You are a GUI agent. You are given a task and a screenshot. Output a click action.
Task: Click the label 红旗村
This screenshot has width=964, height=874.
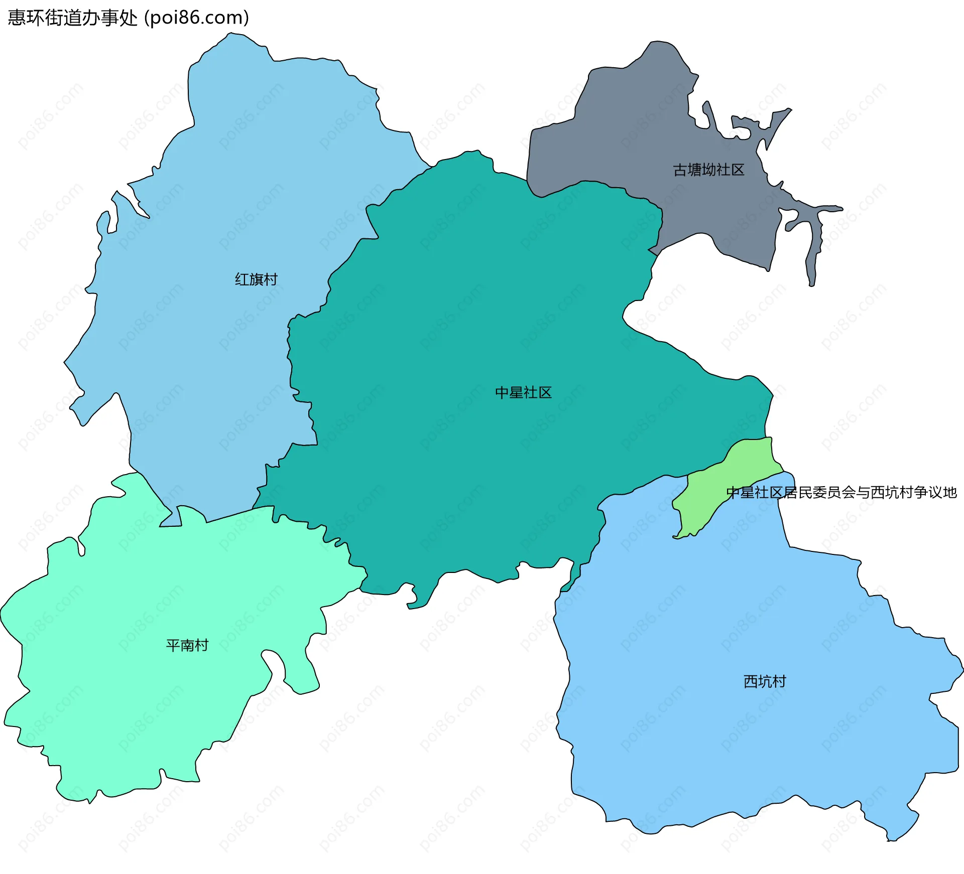click(256, 279)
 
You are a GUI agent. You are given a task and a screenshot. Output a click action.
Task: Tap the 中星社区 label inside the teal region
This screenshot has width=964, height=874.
click(523, 392)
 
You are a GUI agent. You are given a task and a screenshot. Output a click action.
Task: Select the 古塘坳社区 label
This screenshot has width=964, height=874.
click(708, 170)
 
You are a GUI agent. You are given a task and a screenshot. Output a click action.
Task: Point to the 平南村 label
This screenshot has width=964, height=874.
click(187, 645)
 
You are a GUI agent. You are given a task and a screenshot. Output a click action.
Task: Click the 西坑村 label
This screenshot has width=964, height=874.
click(764, 681)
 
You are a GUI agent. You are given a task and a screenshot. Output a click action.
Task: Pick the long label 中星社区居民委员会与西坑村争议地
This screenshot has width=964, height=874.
click(841, 493)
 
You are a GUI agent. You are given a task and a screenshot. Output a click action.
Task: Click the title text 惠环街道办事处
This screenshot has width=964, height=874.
click(72, 18)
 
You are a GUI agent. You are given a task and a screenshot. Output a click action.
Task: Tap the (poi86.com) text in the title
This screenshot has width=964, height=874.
click(197, 18)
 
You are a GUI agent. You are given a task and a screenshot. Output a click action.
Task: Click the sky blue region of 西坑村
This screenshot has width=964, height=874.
click(703, 727)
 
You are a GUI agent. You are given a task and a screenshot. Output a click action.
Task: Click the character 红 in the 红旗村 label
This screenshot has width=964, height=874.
click(242, 279)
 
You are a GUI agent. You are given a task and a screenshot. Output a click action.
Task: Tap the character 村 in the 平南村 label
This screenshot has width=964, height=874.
click(202, 645)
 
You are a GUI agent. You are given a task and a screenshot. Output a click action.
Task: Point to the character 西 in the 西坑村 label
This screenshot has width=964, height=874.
click(750, 681)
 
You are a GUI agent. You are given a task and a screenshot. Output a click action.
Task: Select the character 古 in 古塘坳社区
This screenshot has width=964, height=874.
click(680, 170)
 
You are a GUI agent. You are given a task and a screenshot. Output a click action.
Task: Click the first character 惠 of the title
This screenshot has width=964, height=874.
click(17, 18)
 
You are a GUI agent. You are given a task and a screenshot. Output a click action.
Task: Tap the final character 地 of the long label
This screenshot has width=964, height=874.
click(950, 493)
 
